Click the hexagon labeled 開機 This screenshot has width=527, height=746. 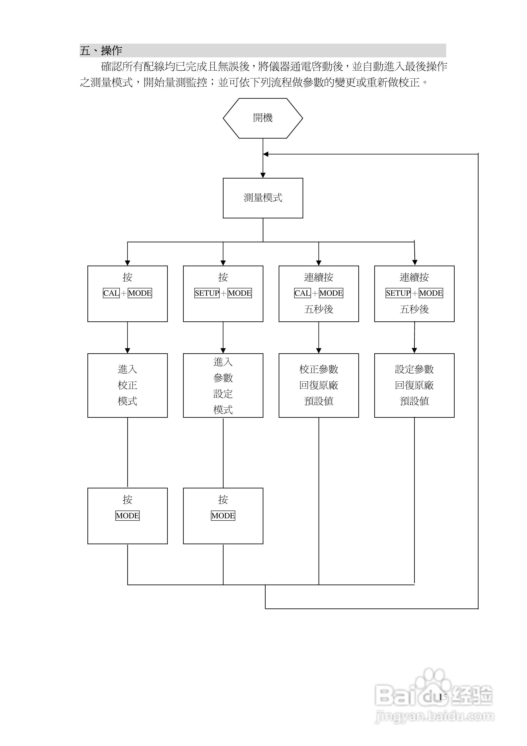click(x=263, y=118)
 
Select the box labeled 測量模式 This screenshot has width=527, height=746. click(x=263, y=198)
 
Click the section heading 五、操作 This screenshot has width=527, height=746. click(x=101, y=51)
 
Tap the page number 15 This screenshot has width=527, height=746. click(x=443, y=697)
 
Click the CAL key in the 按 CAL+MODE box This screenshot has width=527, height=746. click(x=111, y=293)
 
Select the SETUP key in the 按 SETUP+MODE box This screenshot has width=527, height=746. click(x=207, y=293)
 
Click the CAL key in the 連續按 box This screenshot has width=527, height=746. click(x=302, y=293)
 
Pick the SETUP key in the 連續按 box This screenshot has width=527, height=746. click(x=398, y=293)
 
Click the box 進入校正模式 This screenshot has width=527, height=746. click(x=127, y=385)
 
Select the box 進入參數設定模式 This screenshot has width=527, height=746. click(x=223, y=385)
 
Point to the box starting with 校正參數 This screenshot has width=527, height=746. click(x=319, y=385)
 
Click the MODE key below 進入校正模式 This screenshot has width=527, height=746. click(x=127, y=516)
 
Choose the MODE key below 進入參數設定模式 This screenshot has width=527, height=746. click(x=223, y=516)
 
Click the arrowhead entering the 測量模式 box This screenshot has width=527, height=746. click(x=263, y=175)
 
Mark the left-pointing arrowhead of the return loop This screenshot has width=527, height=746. click(x=266, y=154)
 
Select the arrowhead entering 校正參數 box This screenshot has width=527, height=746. click(x=319, y=351)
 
